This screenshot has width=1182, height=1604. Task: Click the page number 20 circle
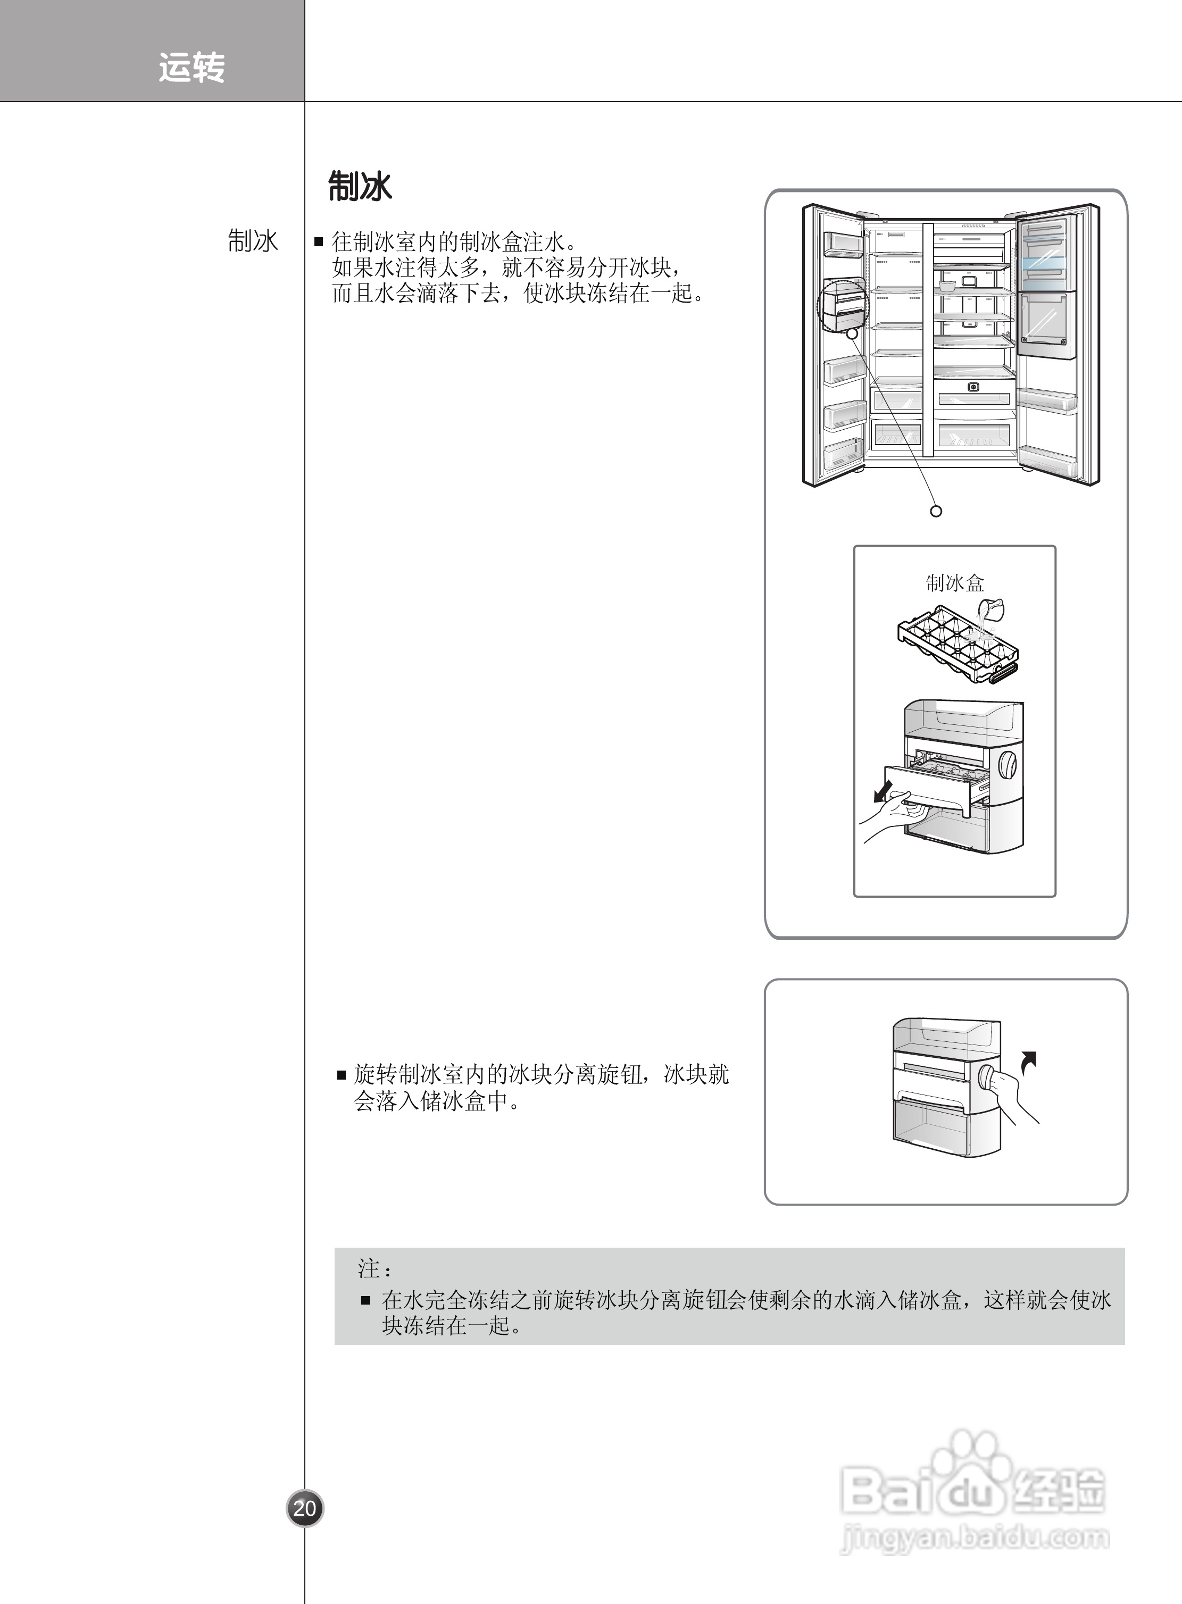point(305,1508)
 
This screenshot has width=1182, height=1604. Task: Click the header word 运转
point(192,68)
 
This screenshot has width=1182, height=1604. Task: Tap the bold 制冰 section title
point(360,187)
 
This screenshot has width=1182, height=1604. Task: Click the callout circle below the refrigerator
point(936,511)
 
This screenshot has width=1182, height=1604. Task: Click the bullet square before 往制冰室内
point(319,242)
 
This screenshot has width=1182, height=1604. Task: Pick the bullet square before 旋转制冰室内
point(342,1075)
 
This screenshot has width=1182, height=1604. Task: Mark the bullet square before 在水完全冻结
point(365,1299)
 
